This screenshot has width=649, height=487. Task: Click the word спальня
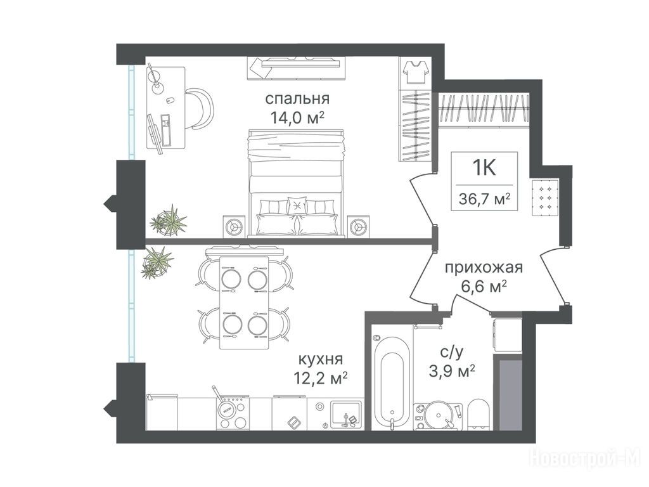pos(297,100)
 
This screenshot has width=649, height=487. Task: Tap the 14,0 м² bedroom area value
pos(297,119)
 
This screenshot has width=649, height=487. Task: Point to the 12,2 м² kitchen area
pos(319,378)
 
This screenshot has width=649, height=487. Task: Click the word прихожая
pos(484,268)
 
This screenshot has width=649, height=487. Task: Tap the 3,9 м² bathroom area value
pos(451,370)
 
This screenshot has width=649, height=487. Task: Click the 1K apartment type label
pos(484,168)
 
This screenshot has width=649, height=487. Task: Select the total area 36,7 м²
pos(484,200)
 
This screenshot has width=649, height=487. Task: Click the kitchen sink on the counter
pos(346,414)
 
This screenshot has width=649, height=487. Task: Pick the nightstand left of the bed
pos(234,226)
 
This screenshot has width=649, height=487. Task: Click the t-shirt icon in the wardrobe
pos(414,71)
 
